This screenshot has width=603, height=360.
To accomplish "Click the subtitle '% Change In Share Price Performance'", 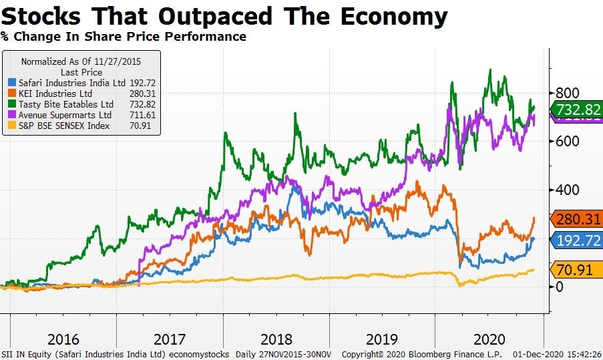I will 124,37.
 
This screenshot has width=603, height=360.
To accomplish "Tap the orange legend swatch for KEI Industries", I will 11,94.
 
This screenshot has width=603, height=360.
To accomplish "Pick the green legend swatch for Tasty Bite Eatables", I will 11,104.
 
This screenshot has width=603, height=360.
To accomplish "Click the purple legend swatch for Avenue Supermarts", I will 11,115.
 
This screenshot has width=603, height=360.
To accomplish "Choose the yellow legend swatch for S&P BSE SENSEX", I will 11,126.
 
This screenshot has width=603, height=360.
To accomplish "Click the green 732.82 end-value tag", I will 576,110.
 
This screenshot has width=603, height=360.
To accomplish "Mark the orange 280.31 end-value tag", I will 576,219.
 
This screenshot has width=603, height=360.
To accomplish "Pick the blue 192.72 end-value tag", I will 576,240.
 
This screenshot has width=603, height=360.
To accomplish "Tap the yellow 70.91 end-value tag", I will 576,270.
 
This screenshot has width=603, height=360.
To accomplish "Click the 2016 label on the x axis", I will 63,338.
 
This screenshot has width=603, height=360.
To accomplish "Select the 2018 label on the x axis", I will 276,338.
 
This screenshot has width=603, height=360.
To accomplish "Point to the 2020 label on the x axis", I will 489,338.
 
